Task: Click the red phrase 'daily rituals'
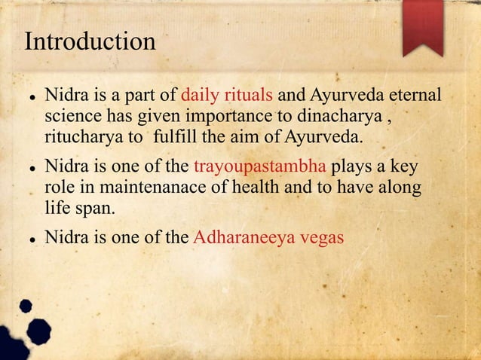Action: pyautogui.click(x=228, y=96)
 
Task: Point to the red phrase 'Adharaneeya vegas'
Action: pyautogui.click(x=268, y=237)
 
